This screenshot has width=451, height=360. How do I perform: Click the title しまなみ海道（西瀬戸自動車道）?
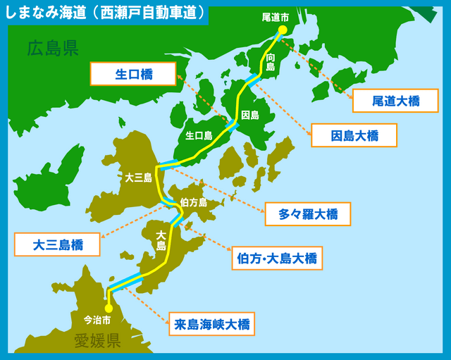tap(106, 12)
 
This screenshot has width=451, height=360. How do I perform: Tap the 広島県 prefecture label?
tap(52, 48)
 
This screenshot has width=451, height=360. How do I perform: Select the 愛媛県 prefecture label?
tap(98, 342)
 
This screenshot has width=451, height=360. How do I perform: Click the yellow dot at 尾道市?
tap(280, 30)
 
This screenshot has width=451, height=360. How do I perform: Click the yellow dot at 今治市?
tap(109, 307)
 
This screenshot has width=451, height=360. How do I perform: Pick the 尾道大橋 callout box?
tap(395, 101)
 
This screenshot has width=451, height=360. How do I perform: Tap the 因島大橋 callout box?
tap(354, 135)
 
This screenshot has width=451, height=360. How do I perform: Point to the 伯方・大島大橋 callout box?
tap(277, 258)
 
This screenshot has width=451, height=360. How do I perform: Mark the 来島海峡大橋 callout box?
tap(211, 325)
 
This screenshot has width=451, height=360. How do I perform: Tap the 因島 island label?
tap(250, 114)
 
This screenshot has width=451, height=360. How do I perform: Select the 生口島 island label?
tap(199, 135)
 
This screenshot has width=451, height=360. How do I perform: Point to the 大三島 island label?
tap(138, 178)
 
